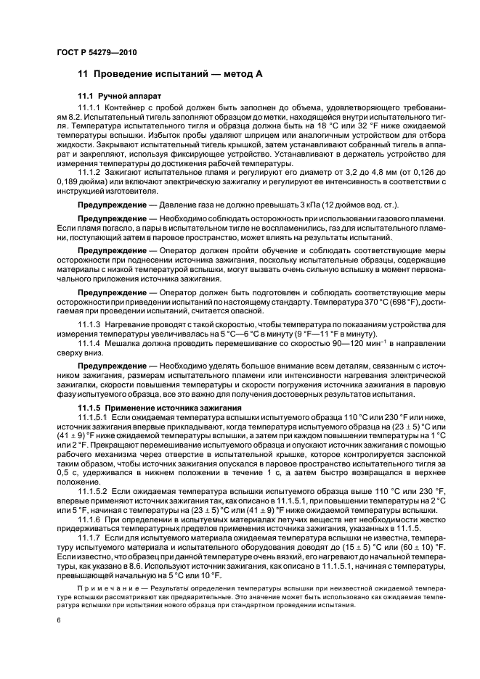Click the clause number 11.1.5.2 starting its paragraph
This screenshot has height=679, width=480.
(x=94, y=490)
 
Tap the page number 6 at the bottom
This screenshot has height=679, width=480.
(x=58, y=620)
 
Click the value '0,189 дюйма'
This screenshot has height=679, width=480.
(x=81, y=182)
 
